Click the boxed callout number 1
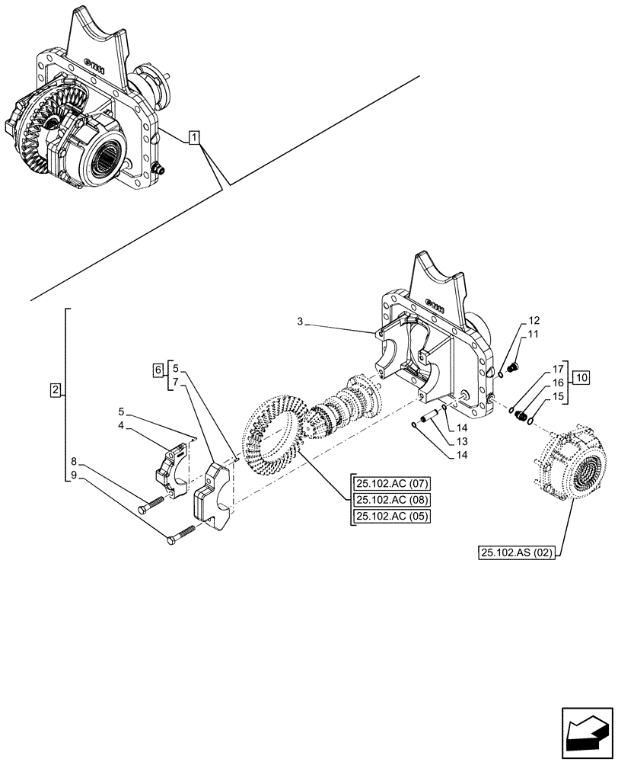point(195,138)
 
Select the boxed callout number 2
point(55,391)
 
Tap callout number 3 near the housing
point(301,323)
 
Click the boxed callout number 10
point(581,376)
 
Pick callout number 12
point(532,319)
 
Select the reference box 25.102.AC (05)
point(391,516)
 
